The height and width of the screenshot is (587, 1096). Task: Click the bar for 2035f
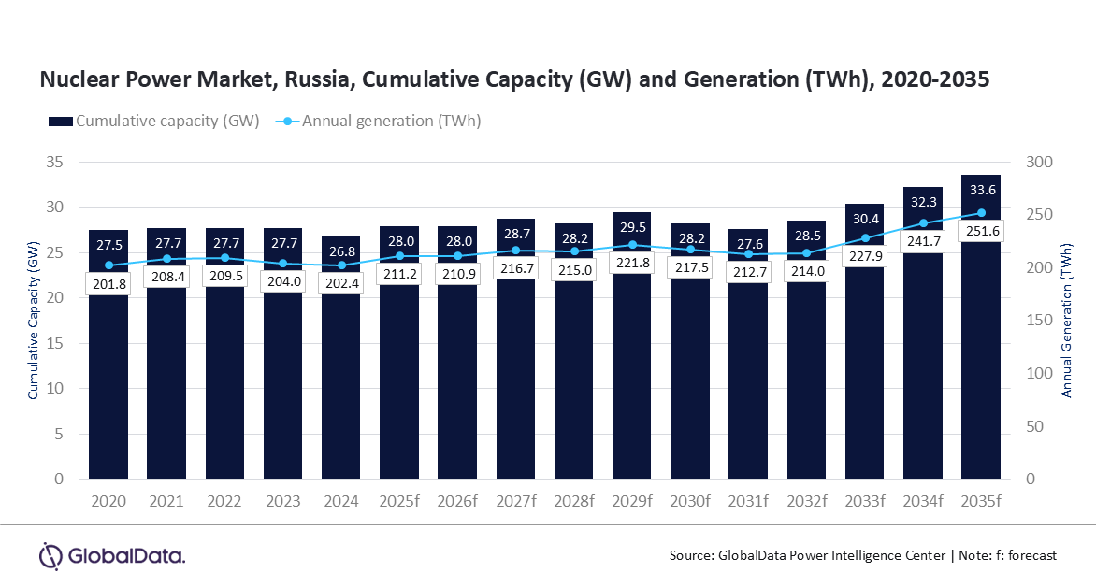click(x=981, y=355)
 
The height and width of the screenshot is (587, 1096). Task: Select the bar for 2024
click(x=340, y=374)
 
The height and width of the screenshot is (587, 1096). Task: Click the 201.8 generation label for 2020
click(x=108, y=283)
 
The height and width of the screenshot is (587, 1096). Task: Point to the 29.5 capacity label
click(x=631, y=226)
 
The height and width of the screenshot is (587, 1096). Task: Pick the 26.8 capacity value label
click(x=340, y=251)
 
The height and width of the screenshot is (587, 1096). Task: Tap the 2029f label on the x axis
click(x=631, y=501)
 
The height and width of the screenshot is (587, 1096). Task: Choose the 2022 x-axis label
click(x=224, y=501)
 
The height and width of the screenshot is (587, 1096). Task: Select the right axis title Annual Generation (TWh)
click(x=1066, y=321)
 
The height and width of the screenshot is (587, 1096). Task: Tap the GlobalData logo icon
click(x=50, y=555)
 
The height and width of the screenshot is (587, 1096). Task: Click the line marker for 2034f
click(x=923, y=223)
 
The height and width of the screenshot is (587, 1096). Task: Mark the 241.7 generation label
click(x=923, y=242)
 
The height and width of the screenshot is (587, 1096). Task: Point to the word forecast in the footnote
click(x=1029, y=555)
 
